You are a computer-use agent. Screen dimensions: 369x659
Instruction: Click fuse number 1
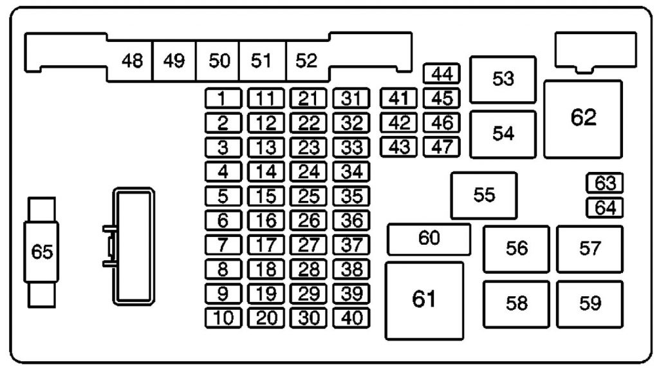tap(223, 99)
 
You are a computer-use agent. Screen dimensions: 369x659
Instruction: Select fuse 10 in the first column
tap(223, 317)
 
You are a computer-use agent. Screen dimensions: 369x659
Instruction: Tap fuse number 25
tap(309, 196)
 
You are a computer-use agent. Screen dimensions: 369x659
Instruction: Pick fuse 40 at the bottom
tap(351, 317)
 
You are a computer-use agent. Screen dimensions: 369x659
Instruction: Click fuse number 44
tap(441, 75)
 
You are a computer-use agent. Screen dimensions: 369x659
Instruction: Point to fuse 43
tap(399, 147)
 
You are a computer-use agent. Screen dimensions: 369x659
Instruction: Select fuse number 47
tap(441, 147)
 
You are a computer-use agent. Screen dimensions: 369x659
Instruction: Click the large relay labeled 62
tap(583, 118)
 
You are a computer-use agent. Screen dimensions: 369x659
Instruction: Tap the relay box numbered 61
tap(424, 300)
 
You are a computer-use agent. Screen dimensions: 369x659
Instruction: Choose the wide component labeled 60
tap(429, 239)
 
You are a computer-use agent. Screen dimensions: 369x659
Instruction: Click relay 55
tap(484, 195)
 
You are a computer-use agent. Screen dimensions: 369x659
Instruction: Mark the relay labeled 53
tap(503, 79)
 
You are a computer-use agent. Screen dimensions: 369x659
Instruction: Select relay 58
tap(516, 304)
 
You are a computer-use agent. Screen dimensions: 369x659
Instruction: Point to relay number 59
tap(589, 304)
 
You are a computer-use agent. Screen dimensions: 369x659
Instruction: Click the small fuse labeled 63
tap(605, 184)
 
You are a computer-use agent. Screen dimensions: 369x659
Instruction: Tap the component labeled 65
tap(42, 252)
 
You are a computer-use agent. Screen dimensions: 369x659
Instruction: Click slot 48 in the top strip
tap(132, 62)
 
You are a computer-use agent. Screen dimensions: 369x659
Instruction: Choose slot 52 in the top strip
tap(307, 62)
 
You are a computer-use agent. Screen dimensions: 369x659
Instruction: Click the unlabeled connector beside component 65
tap(133, 246)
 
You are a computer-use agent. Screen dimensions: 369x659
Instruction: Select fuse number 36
tap(351, 220)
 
